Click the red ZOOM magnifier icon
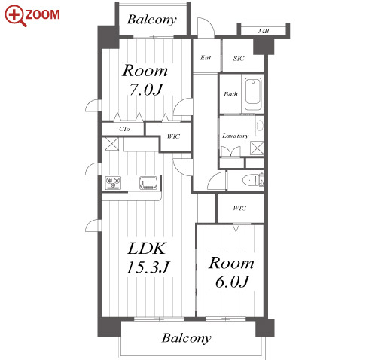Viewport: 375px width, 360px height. [15, 16]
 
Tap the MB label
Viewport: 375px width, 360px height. [264, 31]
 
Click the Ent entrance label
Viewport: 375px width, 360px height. [206, 58]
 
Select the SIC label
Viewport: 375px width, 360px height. [239, 59]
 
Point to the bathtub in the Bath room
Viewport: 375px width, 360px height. [253, 94]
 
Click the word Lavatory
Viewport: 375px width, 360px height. [235, 136]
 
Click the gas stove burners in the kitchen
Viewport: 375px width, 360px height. [113, 182]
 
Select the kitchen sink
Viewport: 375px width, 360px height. [149, 182]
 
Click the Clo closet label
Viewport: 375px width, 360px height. [124, 129]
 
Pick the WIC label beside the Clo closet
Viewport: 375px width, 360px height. [173, 136]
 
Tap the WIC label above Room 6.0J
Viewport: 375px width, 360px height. [239, 208]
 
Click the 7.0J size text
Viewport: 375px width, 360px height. [146, 89]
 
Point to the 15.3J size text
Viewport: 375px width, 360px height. [148, 267]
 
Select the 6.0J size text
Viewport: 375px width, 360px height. [232, 282]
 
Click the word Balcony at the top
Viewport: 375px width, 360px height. [151, 20]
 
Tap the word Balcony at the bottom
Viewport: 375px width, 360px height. [187, 338]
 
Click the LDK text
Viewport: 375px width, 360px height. [147, 249]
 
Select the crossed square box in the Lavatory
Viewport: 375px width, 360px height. [257, 148]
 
